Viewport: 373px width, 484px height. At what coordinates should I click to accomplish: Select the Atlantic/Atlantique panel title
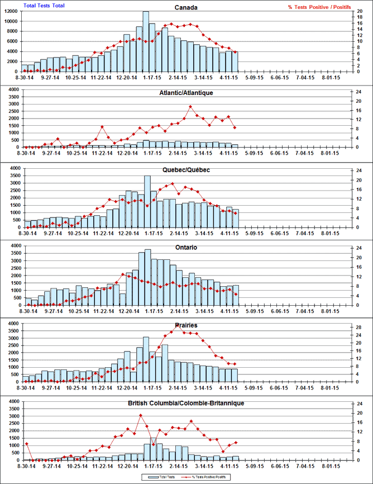187,93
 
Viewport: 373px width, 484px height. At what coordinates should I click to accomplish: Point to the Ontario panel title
187,248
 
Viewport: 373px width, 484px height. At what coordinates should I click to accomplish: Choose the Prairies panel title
187,325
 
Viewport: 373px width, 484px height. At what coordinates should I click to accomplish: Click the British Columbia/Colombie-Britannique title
187,403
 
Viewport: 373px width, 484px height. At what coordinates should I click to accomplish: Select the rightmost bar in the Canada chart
235,61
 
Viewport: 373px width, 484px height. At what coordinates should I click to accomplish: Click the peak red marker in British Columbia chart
141,415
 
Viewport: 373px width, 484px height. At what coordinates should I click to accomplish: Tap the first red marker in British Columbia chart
26,444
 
